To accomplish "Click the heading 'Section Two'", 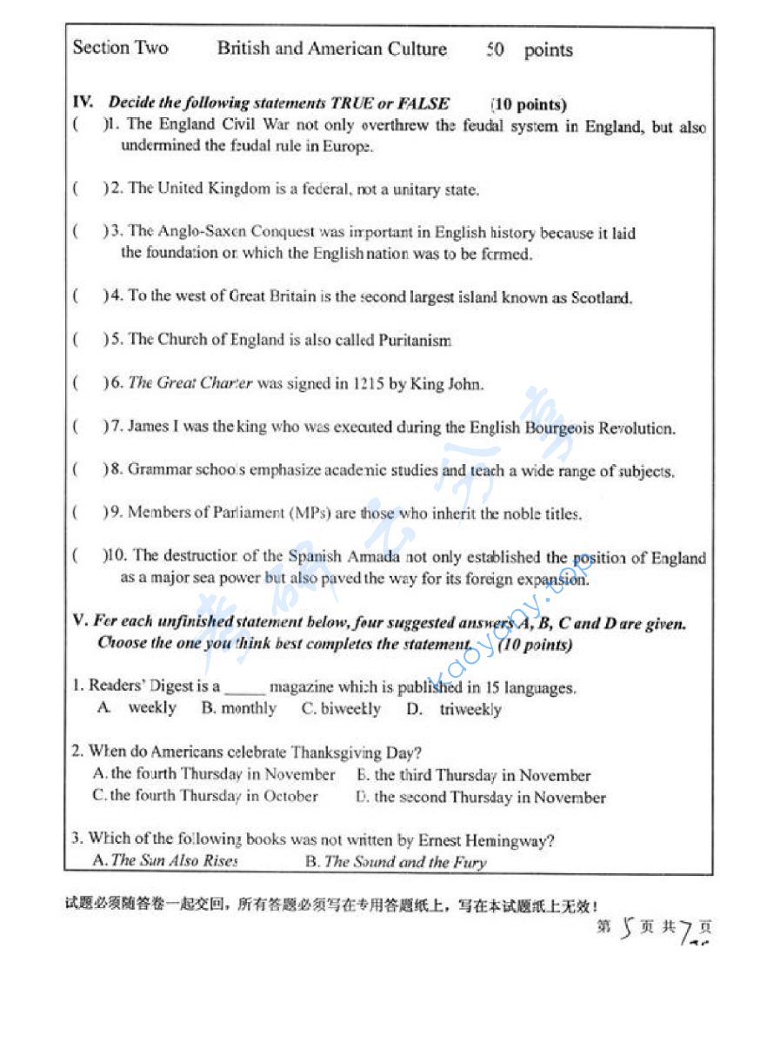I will click(x=120, y=48).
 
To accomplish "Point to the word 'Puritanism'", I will click(x=415, y=340).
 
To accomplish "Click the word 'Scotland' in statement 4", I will click(x=600, y=297).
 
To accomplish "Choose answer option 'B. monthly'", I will click(x=238, y=709).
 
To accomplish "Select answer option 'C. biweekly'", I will click(x=341, y=709).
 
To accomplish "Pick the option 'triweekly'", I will click(x=470, y=710).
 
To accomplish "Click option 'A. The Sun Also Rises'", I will click(x=164, y=860).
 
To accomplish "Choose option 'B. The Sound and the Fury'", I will click(x=396, y=862).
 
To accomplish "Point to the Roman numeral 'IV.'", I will click(x=83, y=103).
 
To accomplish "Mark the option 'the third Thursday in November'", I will click(x=473, y=775).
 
